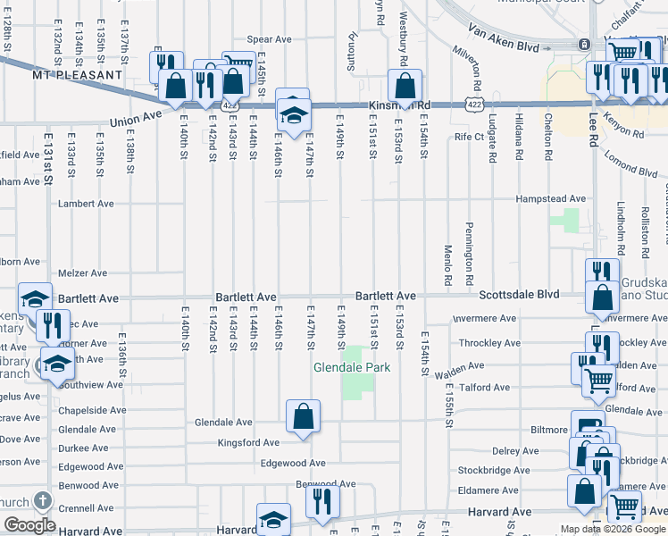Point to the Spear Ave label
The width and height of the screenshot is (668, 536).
(270, 39)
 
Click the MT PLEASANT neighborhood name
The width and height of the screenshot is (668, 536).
(76, 75)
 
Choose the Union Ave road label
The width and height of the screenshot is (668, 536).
(135, 118)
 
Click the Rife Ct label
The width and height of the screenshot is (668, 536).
(469, 137)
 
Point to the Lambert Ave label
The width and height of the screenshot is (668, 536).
(86, 204)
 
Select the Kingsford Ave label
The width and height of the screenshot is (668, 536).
(248, 441)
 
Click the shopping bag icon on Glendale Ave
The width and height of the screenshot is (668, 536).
(303, 415)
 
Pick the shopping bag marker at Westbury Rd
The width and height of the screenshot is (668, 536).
(405, 86)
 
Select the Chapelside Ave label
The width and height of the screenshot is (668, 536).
(93, 410)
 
